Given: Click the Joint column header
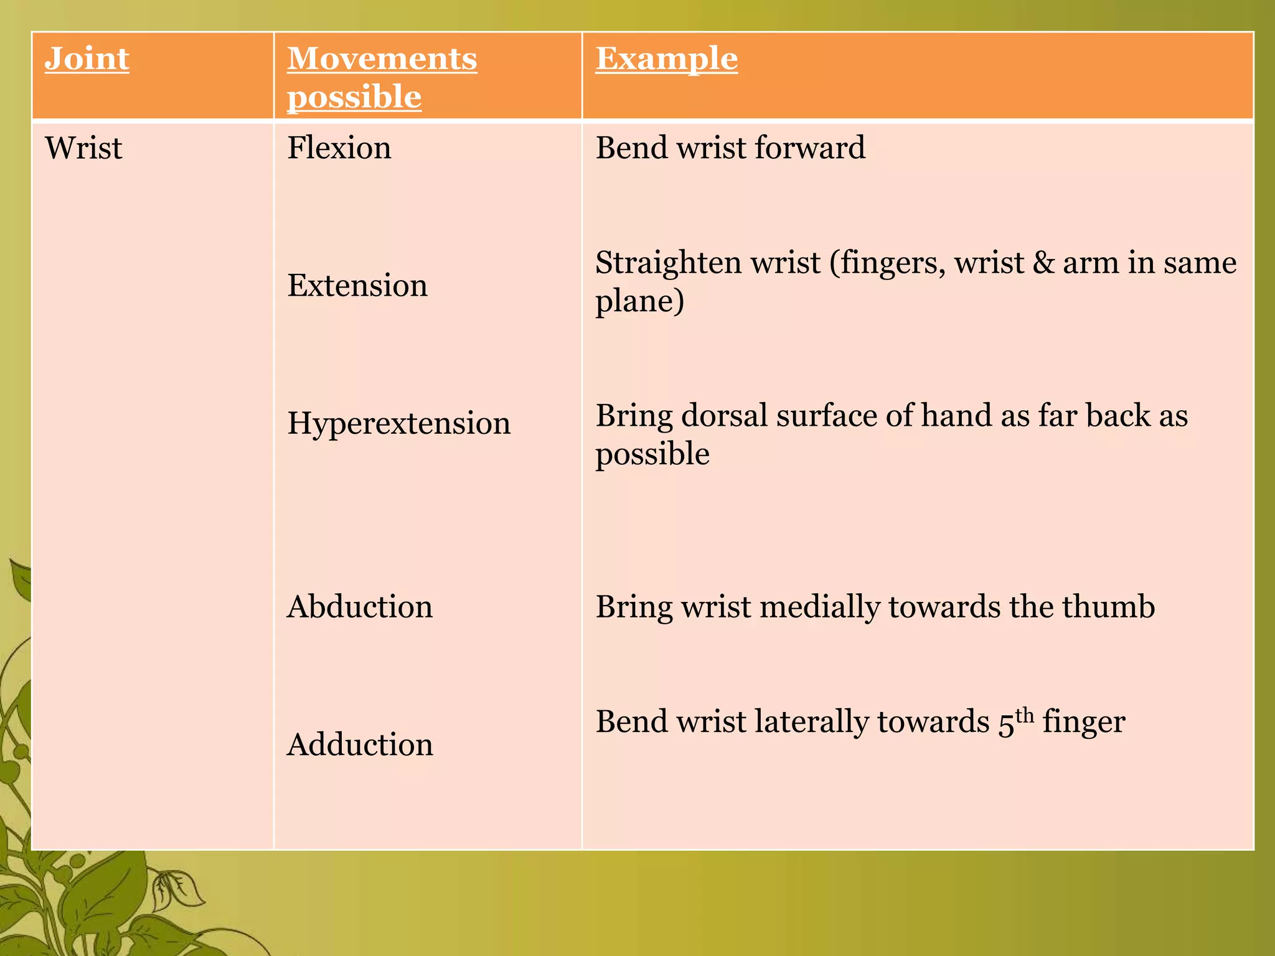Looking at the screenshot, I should tap(87, 59).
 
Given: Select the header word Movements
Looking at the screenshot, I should tap(382, 59).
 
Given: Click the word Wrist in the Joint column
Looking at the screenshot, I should tap(83, 148).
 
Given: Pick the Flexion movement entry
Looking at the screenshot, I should tap(339, 148).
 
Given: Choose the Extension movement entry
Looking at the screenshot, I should tap(357, 286).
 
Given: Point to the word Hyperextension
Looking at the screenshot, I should tap(398, 423).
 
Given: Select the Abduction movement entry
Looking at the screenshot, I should tap(359, 607).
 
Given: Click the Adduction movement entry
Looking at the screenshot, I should tap(360, 744).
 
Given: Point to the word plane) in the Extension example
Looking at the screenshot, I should tap(639, 302).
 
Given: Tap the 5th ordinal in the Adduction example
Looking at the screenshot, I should tap(1015, 722).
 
